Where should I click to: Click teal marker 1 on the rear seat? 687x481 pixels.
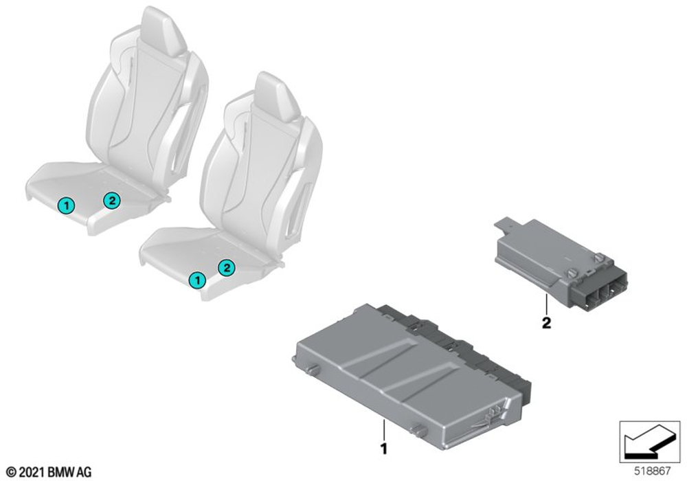(x=66, y=205)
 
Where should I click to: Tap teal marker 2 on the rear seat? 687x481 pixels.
(x=111, y=201)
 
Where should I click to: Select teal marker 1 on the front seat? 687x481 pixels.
(x=197, y=280)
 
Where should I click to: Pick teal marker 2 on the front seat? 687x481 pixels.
(x=227, y=267)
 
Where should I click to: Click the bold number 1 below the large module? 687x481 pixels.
(x=384, y=449)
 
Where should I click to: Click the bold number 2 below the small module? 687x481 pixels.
(x=546, y=323)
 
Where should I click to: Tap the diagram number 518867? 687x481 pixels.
(x=653, y=471)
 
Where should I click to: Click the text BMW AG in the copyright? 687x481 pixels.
(x=69, y=472)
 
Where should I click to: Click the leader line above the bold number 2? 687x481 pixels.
(x=547, y=305)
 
